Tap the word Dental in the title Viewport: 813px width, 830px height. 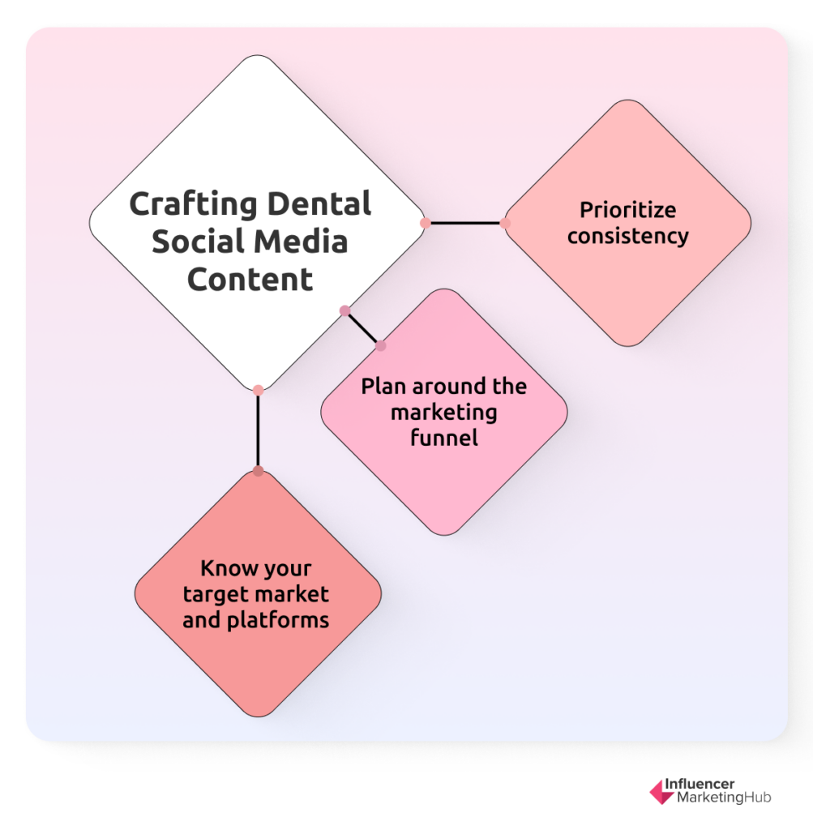[x=319, y=203]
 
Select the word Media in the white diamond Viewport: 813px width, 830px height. [x=299, y=242]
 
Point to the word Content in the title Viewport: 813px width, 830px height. [x=250, y=279]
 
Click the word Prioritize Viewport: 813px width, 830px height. [x=627, y=210]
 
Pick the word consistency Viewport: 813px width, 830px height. [x=627, y=236]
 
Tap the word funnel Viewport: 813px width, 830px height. [x=444, y=437]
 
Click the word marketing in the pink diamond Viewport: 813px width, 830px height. [x=444, y=413]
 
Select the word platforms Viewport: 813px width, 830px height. [x=278, y=620]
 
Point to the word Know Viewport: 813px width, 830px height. [x=223, y=568]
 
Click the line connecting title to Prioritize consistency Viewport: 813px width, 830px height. [x=465, y=224]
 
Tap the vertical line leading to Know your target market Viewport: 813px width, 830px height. [x=258, y=431]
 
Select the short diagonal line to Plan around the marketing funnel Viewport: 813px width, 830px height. [x=363, y=328]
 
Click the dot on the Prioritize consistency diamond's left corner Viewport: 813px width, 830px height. [x=505, y=224]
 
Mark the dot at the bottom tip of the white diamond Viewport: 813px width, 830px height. [x=258, y=391]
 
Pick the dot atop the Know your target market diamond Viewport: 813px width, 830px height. [x=258, y=471]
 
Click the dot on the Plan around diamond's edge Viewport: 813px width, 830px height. [x=381, y=346]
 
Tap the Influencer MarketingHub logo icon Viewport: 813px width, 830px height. [x=661, y=792]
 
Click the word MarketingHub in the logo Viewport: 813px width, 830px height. [x=724, y=798]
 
